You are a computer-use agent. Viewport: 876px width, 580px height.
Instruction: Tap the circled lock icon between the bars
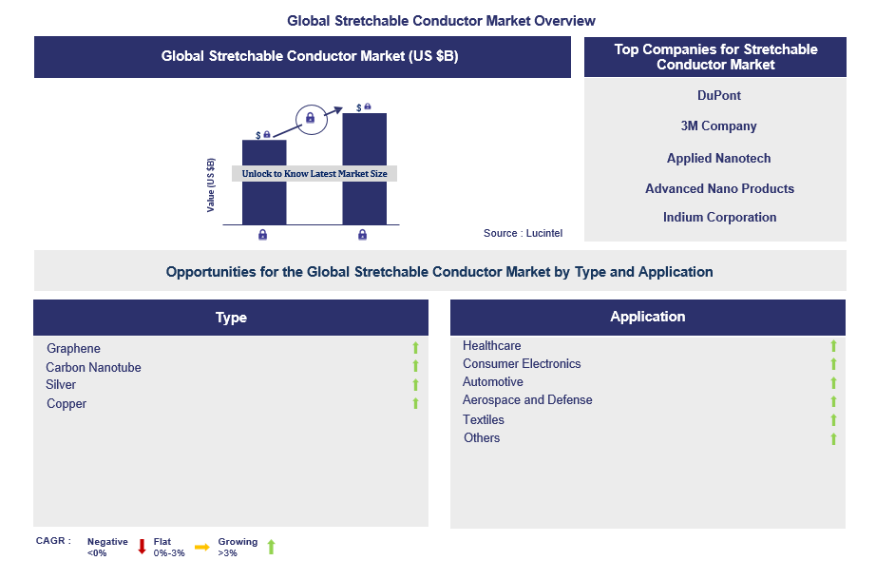click(x=311, y=119)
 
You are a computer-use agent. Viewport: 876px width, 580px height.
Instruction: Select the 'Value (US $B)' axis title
click(x=211, y=185)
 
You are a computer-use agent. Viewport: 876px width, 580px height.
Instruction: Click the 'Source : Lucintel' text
click(x=523, y=233)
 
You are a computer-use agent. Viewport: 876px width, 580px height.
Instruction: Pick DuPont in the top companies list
click(x=719, y=96)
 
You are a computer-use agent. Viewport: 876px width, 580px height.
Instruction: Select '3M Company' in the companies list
click(x=718, y=126)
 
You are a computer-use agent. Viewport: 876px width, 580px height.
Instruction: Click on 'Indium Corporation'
click(x=719, y=217)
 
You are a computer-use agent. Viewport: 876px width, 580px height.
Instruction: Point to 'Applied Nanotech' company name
click(x=718, y=158)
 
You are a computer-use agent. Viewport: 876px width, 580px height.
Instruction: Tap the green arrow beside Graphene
click(x=415, y=348)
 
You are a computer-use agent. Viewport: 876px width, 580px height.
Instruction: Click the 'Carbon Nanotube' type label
click(x=93, y=367)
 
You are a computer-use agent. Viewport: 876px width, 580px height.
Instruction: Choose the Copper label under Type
click(x=67, y=404)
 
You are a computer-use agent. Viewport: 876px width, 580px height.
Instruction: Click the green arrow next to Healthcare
click(x=833, y=346)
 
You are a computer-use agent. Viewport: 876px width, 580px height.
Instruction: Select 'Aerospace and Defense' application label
click(x=527, y=400)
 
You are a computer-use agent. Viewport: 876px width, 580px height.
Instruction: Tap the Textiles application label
click(x=484, y=419)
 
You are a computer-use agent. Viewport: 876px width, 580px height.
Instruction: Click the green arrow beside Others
click(x=833, y=439)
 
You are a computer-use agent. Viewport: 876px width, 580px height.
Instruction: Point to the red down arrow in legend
click(x=142, y=547)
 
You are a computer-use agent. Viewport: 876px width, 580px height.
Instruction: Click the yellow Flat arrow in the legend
click(x=202, y=547)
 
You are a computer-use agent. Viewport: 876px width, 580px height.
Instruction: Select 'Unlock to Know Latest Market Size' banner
click(x=314, y=173)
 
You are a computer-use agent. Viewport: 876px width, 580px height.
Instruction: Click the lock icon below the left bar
click(x=262, y=235)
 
